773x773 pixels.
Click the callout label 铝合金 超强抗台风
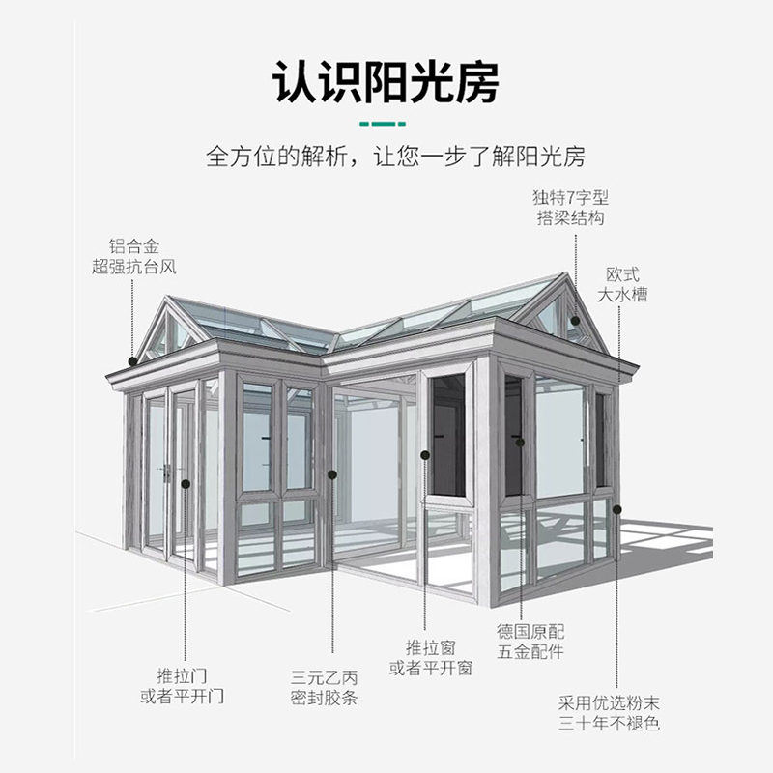pyautogui.click(x=134, y=256)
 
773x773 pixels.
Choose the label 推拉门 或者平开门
pyautogui.click(x=183, y=685)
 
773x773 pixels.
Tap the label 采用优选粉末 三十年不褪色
pyautogui.click(x=614, y=713)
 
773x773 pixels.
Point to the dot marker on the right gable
pyautogui.click(x=575, y=320)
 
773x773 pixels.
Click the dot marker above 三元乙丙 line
pyautogui.click(x=331, y=473)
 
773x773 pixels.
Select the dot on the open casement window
pyautogui.click(x=425, y=452)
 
